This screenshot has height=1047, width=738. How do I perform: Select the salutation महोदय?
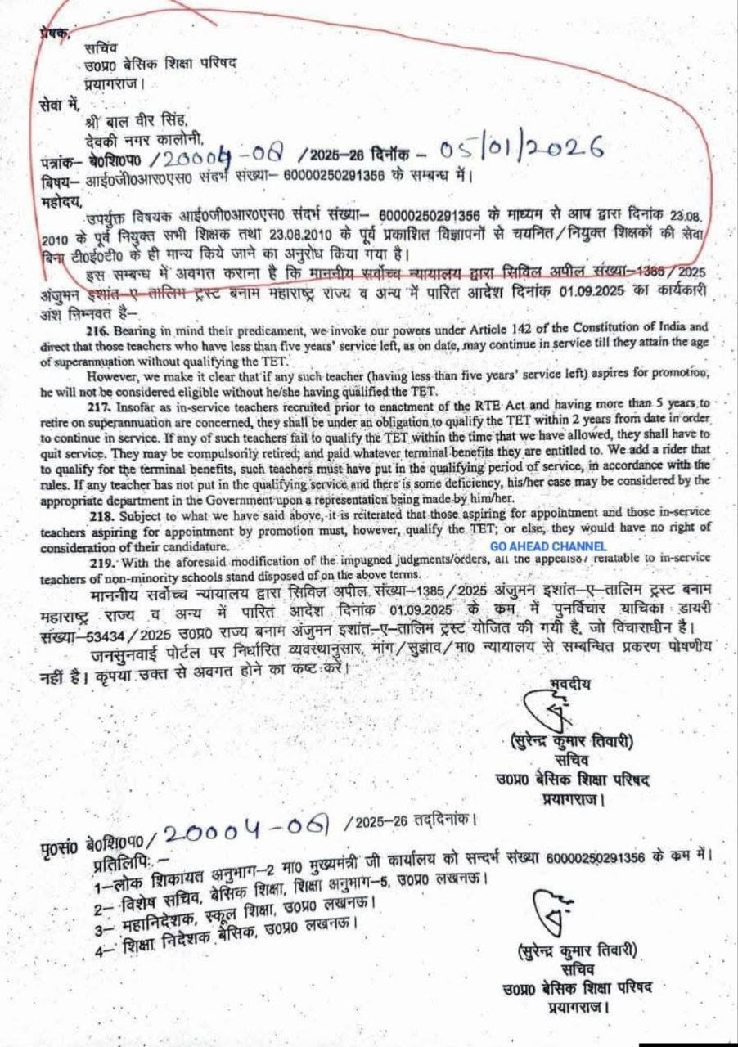pos(57,197)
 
